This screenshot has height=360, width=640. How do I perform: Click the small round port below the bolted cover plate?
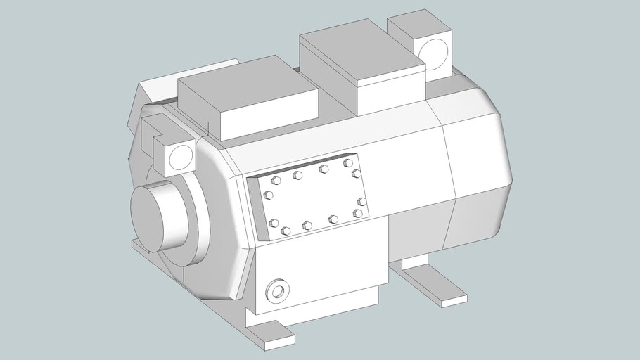(277, 290)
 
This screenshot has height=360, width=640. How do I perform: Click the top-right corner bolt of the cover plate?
(348, 163)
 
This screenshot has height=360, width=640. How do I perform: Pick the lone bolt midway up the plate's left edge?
(268, 195)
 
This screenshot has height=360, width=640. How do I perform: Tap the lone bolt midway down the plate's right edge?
(361, 202)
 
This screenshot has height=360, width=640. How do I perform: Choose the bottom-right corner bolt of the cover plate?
(358, 213)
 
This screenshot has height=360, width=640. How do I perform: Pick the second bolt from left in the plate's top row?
(297, 175)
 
